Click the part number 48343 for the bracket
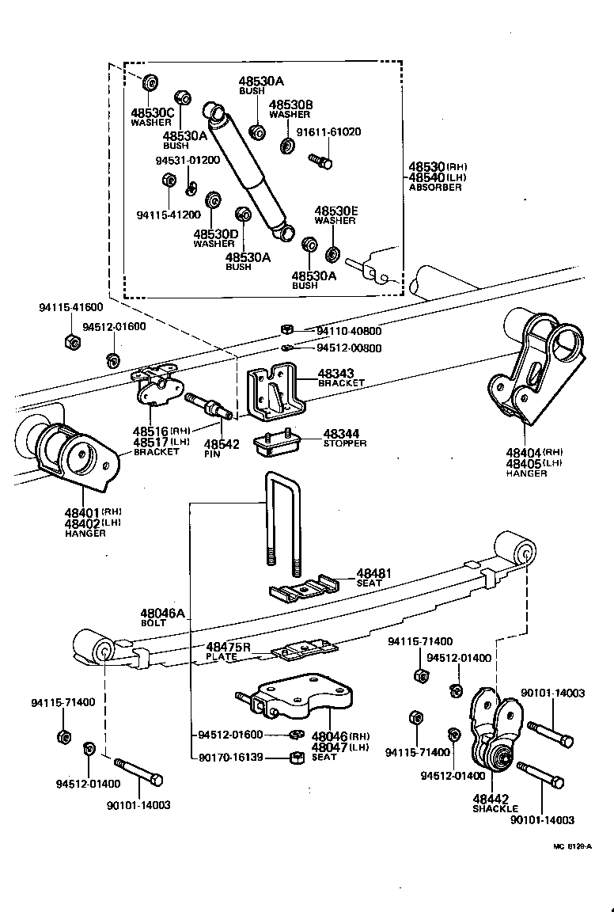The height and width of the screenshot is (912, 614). point(336,373)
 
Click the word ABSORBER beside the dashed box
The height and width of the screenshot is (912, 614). point(434,188)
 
